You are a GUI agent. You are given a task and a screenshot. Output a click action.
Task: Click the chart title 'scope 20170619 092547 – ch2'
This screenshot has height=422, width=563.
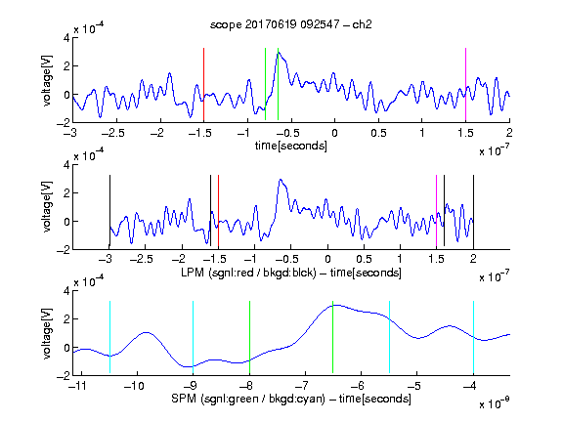click(290, 24)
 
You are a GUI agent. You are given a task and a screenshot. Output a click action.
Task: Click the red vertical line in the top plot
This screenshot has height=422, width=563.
click(203, 84)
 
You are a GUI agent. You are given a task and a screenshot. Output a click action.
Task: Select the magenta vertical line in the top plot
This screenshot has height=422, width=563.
click(465, 84)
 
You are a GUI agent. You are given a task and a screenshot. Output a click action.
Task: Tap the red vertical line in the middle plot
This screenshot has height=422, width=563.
click(218, 211)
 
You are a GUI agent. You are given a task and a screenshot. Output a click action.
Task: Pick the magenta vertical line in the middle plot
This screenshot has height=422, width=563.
click(436, 211)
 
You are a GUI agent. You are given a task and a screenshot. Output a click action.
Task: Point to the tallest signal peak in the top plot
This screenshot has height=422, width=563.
click(279, 53)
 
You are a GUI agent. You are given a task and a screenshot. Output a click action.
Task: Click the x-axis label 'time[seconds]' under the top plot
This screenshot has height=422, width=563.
click(291, 146)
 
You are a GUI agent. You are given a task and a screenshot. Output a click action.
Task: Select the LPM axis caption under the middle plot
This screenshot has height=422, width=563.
click(291, 273)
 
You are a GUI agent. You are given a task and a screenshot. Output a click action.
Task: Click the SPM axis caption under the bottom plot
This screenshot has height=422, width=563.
click(291, 399)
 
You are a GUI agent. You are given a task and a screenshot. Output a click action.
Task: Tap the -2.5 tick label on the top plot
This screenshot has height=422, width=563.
click(112, 133)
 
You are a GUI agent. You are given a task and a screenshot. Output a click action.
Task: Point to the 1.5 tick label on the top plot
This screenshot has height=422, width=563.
click(465, 133)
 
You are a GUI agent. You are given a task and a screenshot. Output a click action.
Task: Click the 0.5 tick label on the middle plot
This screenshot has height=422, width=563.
click(364, 259)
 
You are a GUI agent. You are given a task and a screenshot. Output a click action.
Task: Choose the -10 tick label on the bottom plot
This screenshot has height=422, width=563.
click(134, 386)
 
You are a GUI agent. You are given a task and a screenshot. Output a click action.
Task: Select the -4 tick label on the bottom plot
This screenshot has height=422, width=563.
click(470, 386)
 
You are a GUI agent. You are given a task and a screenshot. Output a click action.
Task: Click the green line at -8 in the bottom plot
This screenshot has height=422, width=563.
click(249, 337)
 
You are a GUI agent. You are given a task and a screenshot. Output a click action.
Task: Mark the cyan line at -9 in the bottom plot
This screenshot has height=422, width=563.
click(193, 337)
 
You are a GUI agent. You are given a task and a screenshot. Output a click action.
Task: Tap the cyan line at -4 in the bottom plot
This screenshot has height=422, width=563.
click(473, 337)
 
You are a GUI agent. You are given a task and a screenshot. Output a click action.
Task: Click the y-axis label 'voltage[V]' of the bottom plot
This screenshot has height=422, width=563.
click(47, 333)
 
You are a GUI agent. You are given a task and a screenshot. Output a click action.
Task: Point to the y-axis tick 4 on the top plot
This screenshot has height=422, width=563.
click(66, 38)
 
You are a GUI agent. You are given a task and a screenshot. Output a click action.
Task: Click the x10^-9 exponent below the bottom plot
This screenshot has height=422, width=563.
click(494, 402)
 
